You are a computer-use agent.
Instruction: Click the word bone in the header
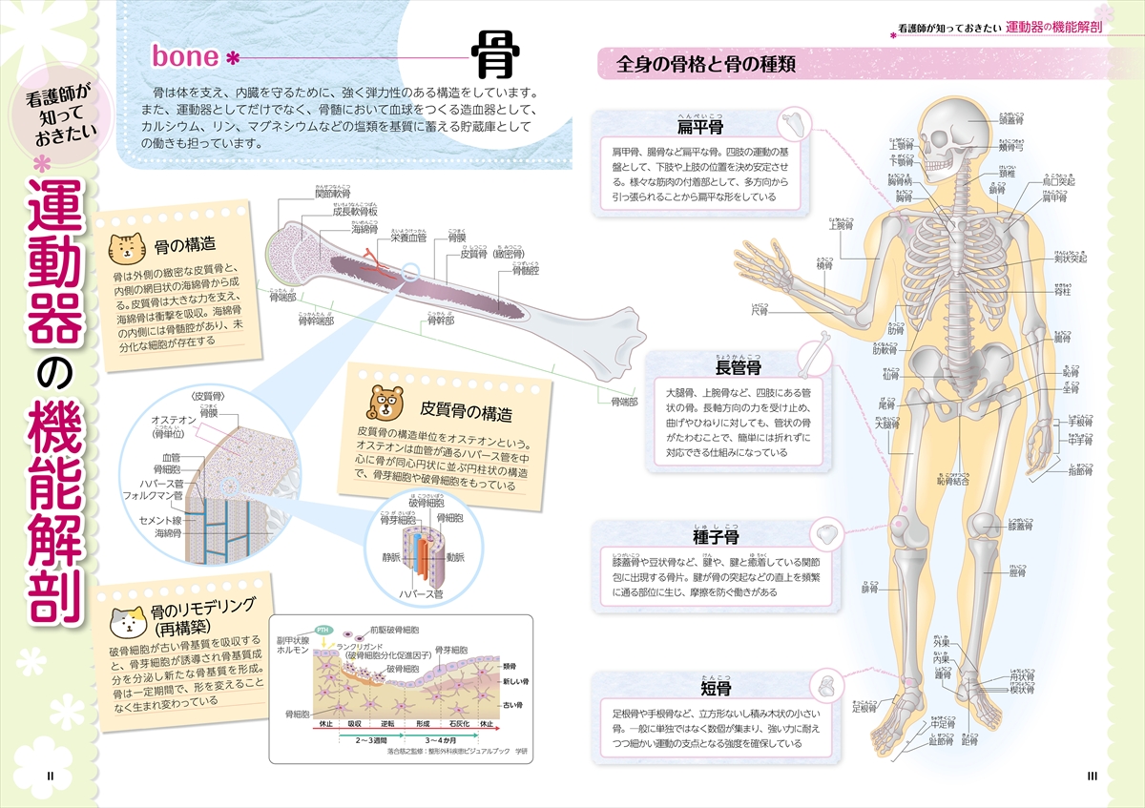point(186,56)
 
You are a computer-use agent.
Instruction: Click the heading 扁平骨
point(699,126)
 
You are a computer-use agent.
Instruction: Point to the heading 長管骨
point(739,367)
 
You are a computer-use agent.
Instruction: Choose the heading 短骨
point(716,688)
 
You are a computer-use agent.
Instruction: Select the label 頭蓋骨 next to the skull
point(1012,121)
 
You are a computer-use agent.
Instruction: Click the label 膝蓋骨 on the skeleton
point(1023,525)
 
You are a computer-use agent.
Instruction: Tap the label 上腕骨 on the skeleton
point(841,226)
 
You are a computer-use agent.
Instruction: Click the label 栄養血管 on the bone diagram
point(407,239)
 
